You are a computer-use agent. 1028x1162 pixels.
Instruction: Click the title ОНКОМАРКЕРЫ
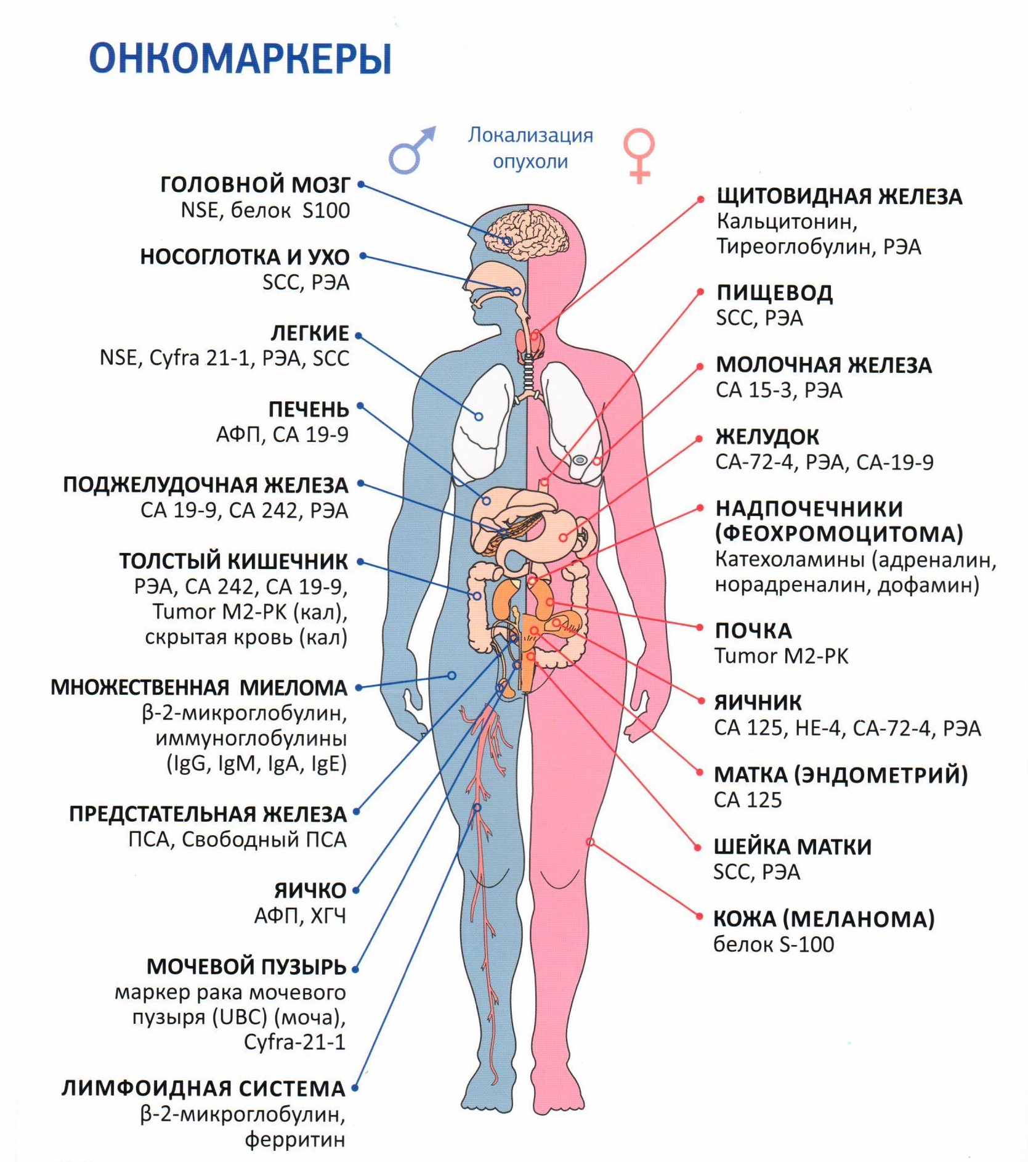pos(240,59)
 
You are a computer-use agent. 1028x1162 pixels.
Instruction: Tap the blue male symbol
pos(411,150)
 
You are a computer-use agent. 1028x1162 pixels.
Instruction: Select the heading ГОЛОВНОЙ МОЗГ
pos(255,184)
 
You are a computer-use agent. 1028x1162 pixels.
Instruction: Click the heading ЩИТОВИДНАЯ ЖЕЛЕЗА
pos(839,197)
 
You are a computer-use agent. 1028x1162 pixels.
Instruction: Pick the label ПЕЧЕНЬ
pos(309,409)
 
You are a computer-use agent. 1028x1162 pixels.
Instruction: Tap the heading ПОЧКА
pos(753,631)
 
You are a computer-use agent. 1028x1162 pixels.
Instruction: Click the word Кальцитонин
pos(787,221)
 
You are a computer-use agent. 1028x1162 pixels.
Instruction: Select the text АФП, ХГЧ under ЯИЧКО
pos(300,916)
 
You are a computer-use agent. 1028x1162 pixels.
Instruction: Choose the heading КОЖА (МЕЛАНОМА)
pos(824,919)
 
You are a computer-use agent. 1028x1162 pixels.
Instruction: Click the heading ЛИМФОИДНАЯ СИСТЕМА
pos(203,1089)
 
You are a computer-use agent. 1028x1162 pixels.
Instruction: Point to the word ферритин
pos(295,1139)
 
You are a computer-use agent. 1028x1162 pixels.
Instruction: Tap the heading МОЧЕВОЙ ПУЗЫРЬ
pos(246,967)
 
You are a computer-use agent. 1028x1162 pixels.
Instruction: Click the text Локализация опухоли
pos(530,148)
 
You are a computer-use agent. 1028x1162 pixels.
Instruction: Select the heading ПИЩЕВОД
pos(774,293)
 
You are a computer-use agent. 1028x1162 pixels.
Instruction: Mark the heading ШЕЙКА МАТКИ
pos(792,847)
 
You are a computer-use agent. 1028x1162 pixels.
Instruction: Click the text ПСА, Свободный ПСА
pos(237,840)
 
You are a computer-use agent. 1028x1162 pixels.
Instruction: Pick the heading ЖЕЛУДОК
pos(767,437)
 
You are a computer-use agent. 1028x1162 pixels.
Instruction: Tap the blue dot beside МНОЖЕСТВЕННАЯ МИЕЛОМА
pos(358,688)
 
